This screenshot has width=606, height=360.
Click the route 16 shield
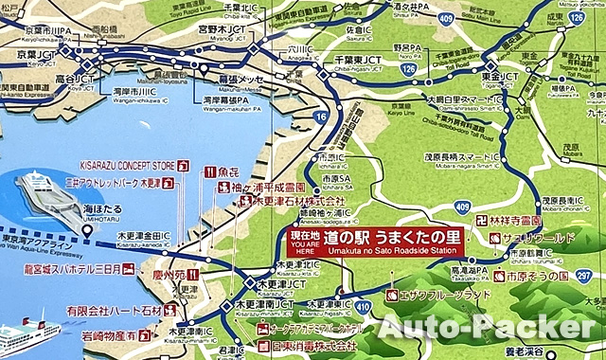[x=324, y=116]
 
